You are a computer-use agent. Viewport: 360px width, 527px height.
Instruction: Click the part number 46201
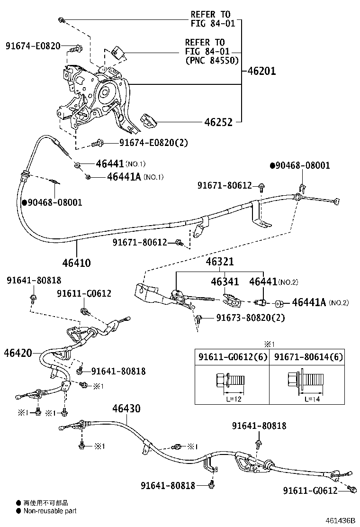click(x=262, y=72)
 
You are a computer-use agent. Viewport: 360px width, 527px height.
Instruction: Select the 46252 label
click(x=218, y=122)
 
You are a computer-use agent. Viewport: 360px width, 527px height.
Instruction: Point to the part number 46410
click(x=76, y=262)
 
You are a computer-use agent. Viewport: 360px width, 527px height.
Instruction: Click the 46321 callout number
click(x=219, y=262)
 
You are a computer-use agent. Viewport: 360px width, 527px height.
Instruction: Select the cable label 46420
click(x=18, y=353)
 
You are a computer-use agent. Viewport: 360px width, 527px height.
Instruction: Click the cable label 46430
click(x=126, y=409)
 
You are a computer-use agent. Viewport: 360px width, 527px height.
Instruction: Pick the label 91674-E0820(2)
click(x=146, y=142)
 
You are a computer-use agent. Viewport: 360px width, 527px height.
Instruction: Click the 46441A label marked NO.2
click(x=308, y=302)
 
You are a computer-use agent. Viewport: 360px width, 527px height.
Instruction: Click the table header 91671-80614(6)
click(x=308, y=357)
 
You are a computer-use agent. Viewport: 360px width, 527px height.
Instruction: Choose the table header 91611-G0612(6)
click(x=232, y=357)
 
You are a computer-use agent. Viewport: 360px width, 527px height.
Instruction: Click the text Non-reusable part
click(x=50, y=511)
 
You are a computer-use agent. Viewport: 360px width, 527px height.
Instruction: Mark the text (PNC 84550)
click(x=212, y=60)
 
